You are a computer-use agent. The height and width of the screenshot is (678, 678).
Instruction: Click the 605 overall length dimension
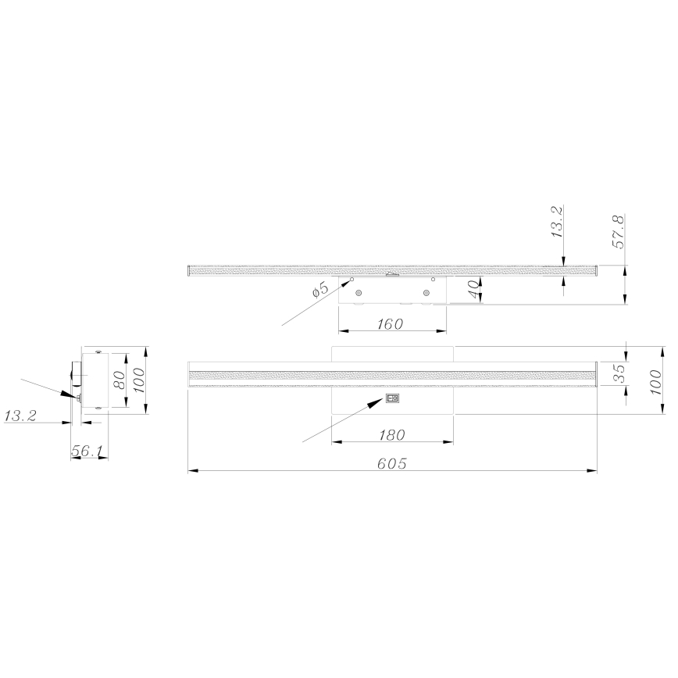[392, 463]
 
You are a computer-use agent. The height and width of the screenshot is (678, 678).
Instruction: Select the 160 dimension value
[389, 324]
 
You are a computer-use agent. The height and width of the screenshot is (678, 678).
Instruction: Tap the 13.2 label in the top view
[558, 222]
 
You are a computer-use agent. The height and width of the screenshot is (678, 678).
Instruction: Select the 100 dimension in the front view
[656, 383]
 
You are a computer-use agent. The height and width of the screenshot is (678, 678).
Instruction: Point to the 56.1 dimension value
[88, 451]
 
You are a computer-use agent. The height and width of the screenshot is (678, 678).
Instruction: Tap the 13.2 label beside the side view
[21, 416]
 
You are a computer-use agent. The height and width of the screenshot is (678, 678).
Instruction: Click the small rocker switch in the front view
[393, 398]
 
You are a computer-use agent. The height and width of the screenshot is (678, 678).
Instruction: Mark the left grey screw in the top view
[359, 293]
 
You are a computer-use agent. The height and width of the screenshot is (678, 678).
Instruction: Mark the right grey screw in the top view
[426, 293]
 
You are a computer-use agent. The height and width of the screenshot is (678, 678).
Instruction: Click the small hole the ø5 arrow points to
[351, 279]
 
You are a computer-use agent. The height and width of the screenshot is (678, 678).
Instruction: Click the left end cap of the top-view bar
[190, 271]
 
